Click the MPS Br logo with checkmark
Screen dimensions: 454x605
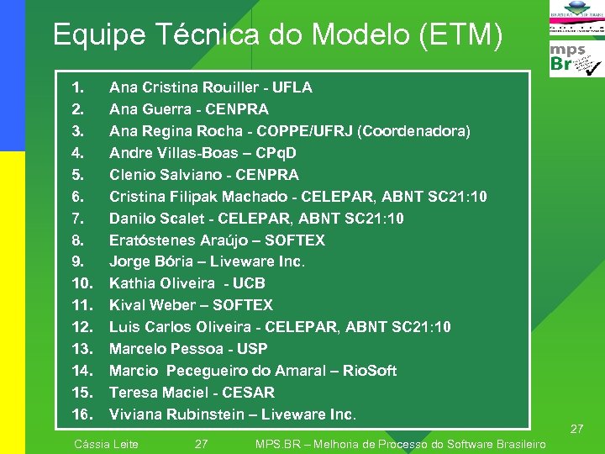click(x=575, y=60)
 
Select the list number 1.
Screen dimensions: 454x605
click(x=77, y=87)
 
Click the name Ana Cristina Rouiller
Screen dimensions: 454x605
click(x=178, y=87)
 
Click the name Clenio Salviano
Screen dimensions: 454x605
click(x=157, y=175)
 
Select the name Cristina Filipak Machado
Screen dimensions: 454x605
click(x=196, y=197)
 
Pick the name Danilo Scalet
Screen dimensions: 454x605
click(x=151, y=219)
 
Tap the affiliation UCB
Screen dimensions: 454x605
click(x=249, y=283)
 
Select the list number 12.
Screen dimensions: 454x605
click(x=82, y=327)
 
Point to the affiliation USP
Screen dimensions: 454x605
click(x=252, y=349)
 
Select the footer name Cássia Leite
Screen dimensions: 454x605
click(x=107, y=444)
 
